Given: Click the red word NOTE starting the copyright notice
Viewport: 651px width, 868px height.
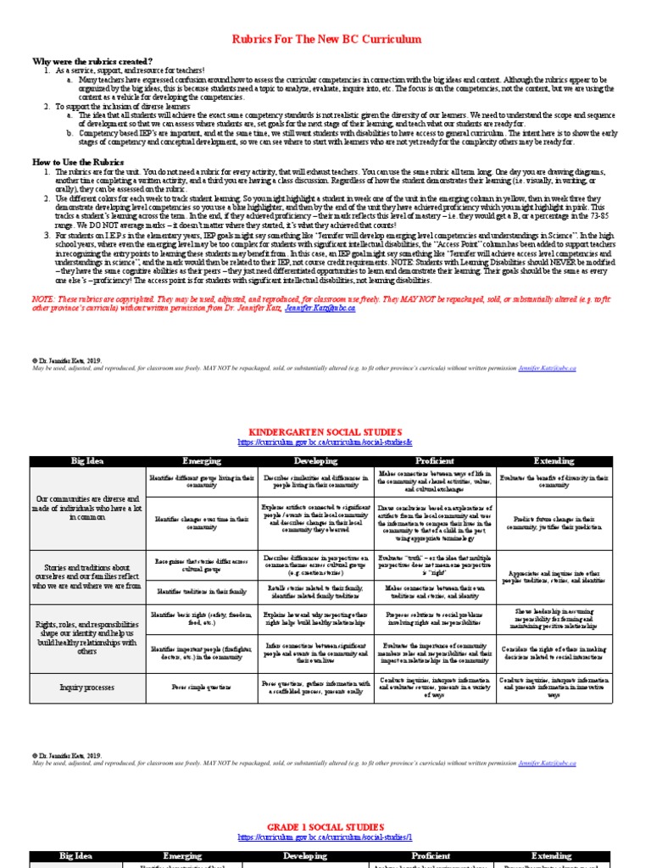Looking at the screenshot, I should pyautogui.click(x=42, y=299).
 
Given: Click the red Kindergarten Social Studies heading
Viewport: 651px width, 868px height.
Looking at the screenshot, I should pyautogui.click(x=325, y=431).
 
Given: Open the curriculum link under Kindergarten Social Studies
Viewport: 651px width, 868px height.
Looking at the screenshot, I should pyautogui.click(x=325, y=442).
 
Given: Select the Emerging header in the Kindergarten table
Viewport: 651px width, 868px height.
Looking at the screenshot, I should pyautogui.click(x=202, y=461).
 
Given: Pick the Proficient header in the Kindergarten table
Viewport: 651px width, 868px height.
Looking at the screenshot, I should pyautogui.click(x=434, y=461).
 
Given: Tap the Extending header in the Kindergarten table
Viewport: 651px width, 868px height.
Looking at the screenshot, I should pyautogui.click(x=551, y=461).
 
